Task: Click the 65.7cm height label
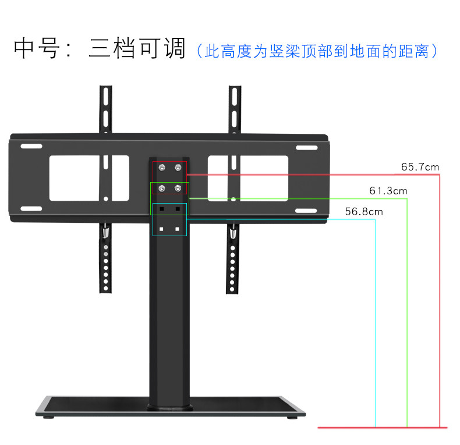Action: click(420, 167)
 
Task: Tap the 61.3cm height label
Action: click(388, 190)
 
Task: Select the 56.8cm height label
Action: click(364, 211)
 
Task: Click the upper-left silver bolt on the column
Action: click(163, 168)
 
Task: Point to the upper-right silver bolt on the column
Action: click(178, 168)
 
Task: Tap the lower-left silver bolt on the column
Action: click(163, 188)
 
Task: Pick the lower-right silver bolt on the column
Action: click(178, 188)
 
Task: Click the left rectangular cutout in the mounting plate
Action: click(89, 178)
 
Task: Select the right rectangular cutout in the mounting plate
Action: click(248, 178)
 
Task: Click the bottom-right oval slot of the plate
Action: click(306, 210)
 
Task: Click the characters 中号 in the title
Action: click(36, 49)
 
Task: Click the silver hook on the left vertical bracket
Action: click(105, 233)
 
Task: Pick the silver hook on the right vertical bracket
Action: click(233, 233)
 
